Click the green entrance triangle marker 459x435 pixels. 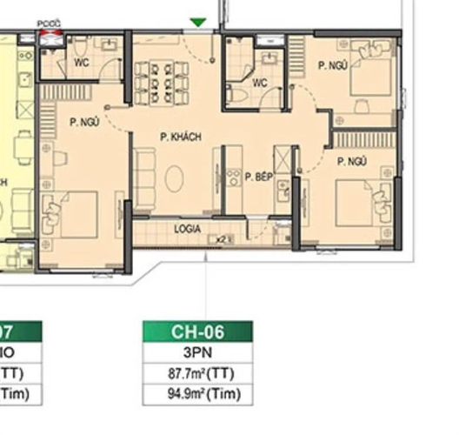click(x=198, y=22)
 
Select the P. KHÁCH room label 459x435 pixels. click(x=180, y=137)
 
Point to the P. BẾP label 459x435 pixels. click(x=258, y=177)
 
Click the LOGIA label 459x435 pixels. click(x=187, y=230)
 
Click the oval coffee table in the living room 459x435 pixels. click(x=175, y=179)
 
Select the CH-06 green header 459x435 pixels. click(x=197, y=331)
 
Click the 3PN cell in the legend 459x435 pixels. click(x=197, y=353)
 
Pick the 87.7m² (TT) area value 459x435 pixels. click(x=197, y=374)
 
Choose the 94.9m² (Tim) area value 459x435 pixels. click(x=197, y=394)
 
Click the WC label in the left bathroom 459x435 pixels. click(x=81, y=63)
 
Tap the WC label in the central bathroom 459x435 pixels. click(x=259, y=84)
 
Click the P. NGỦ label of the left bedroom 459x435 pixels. click(x=83, y=123)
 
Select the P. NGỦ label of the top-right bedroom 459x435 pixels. click(x=332, y=65)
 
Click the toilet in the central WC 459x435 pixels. click(x=235, y=94)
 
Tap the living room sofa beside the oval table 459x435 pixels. click(x=144, y=177)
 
